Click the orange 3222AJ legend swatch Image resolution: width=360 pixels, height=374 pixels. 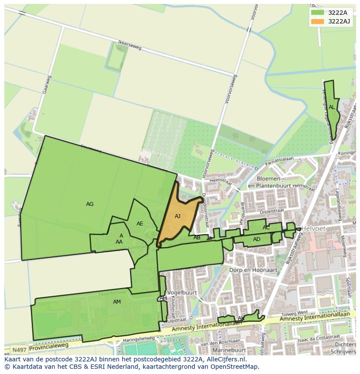click(317, 21)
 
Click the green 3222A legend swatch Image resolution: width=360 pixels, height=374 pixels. click(317, 13)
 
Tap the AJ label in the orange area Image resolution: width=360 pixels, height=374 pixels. click(177, 216)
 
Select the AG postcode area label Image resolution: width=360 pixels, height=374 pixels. click(90, 204)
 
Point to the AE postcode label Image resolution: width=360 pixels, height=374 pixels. click(140, 224)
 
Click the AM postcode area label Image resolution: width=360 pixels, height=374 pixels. click(117, 301)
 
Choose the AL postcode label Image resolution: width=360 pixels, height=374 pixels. click(332, 107)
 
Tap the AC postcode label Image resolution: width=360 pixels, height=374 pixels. click(266, 227)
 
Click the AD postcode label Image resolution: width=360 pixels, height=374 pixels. click(257, 239)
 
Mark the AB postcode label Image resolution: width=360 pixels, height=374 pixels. click(197, 237)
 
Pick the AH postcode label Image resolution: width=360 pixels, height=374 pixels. click(163, 298)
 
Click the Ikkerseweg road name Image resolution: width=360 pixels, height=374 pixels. click(130, 46)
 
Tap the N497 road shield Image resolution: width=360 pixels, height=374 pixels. click(18, 350)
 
